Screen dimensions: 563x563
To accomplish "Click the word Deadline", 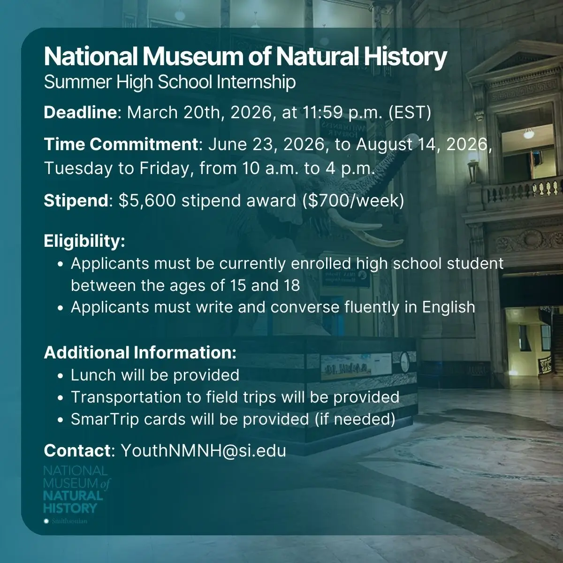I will (79, 113).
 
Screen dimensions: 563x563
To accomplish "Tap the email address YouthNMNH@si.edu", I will (203, 451).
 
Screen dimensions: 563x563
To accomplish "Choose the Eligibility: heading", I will (84, 241).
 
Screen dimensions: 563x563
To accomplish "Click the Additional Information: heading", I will (140, 353).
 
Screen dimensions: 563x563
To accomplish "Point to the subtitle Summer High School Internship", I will (169, 82).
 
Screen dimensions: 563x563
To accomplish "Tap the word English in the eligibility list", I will (449, 307).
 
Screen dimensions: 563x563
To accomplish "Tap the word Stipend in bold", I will (76, 201).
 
